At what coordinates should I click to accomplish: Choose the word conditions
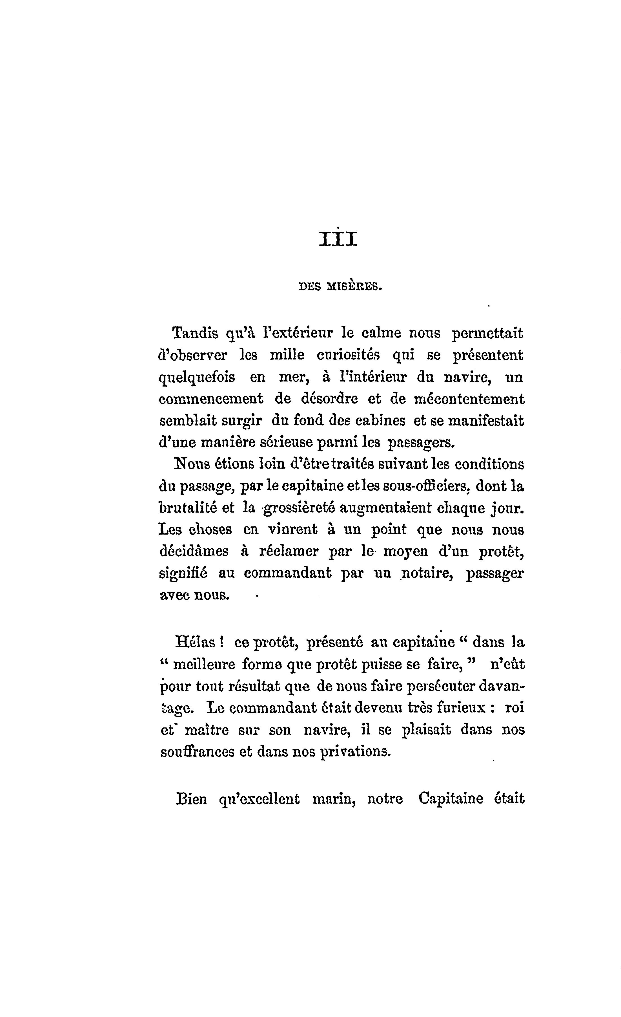(x=489, y=464)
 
